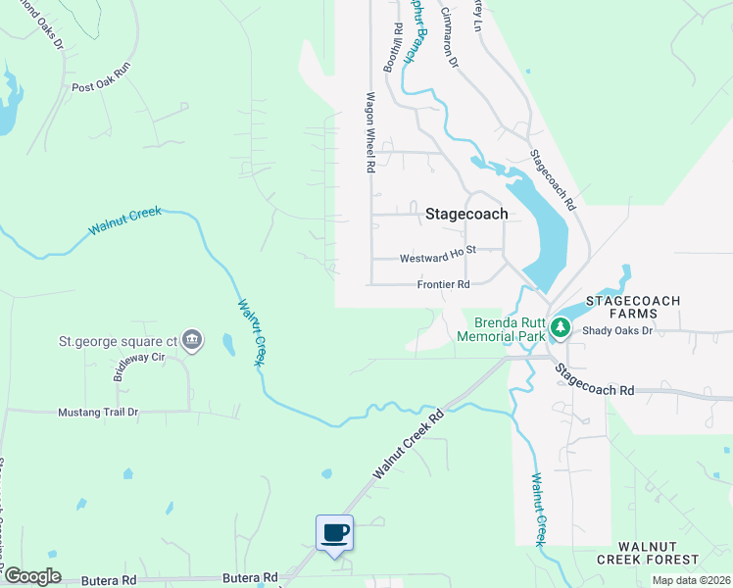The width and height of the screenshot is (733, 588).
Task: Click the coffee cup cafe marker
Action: pos(334,532)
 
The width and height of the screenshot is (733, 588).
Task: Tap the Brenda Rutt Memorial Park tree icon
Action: pos(560,327)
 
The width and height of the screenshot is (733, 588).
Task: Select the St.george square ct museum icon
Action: pos(193,340)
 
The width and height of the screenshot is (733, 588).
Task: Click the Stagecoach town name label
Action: pos(467,214)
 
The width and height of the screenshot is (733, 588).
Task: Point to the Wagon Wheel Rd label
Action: pos(371,132)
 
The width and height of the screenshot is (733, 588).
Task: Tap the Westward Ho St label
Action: pos(437,258)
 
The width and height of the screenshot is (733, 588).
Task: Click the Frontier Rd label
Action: pos(443,284)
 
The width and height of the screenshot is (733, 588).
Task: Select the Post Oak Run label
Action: pos(101,80)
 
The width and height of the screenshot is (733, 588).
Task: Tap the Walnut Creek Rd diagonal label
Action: pos(408,444)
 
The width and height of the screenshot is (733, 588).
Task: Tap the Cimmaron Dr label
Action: pos(450,39)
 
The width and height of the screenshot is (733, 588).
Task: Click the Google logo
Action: pos(31,576)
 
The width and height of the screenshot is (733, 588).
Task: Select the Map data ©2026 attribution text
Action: pos(690,580)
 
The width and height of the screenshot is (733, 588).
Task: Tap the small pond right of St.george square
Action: pos(228,345)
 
